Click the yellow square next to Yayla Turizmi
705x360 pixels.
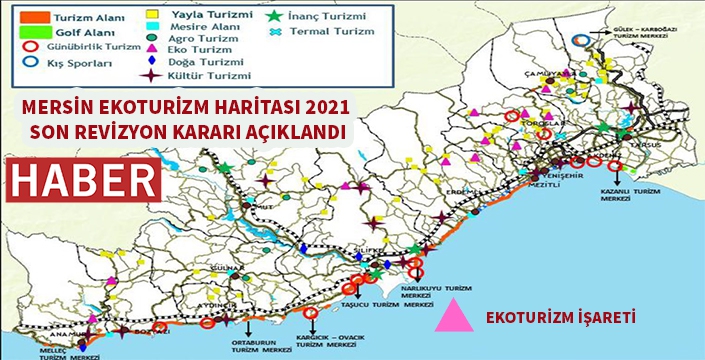pos(154,17)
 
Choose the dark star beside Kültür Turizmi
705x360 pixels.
pos(153,74)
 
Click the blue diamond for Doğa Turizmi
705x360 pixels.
pos(154,60)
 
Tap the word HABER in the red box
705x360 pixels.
pos(85,181)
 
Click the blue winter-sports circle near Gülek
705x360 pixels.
pos(583,41)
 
